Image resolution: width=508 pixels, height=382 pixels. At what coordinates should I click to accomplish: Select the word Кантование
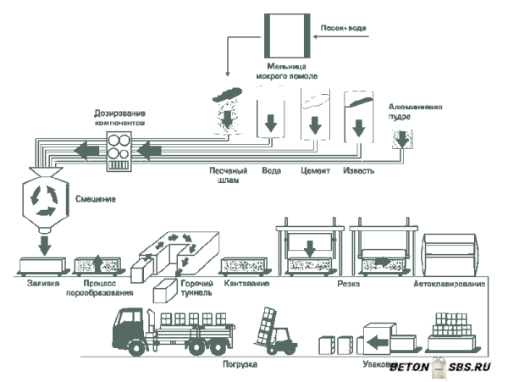click(x=246, y=283)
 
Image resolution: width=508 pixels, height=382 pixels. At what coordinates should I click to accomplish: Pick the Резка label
click(x=348, y=284)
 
